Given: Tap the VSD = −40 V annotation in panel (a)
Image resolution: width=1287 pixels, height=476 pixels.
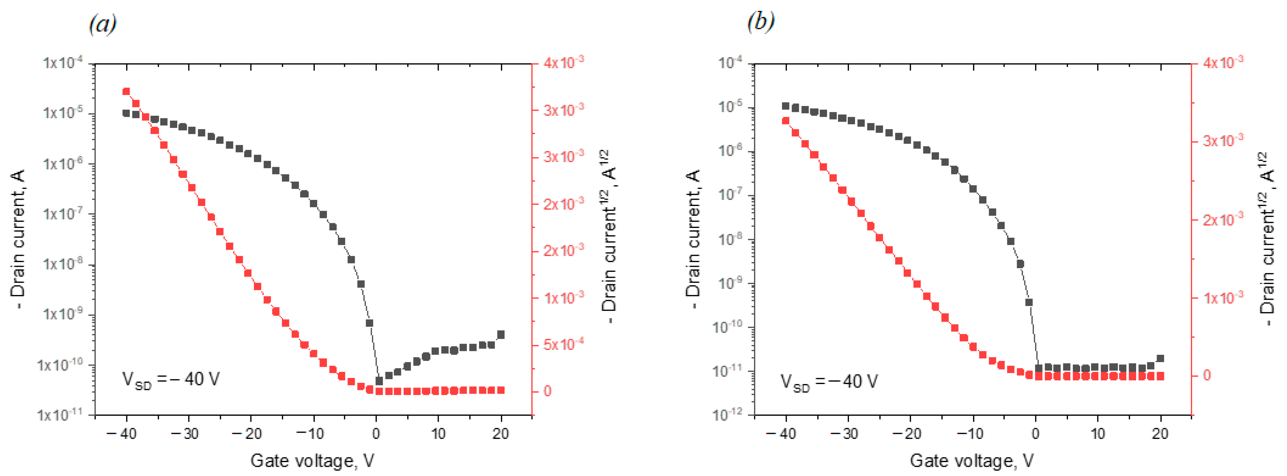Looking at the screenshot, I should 171,380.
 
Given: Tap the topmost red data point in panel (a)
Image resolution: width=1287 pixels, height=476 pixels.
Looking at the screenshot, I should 126,91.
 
